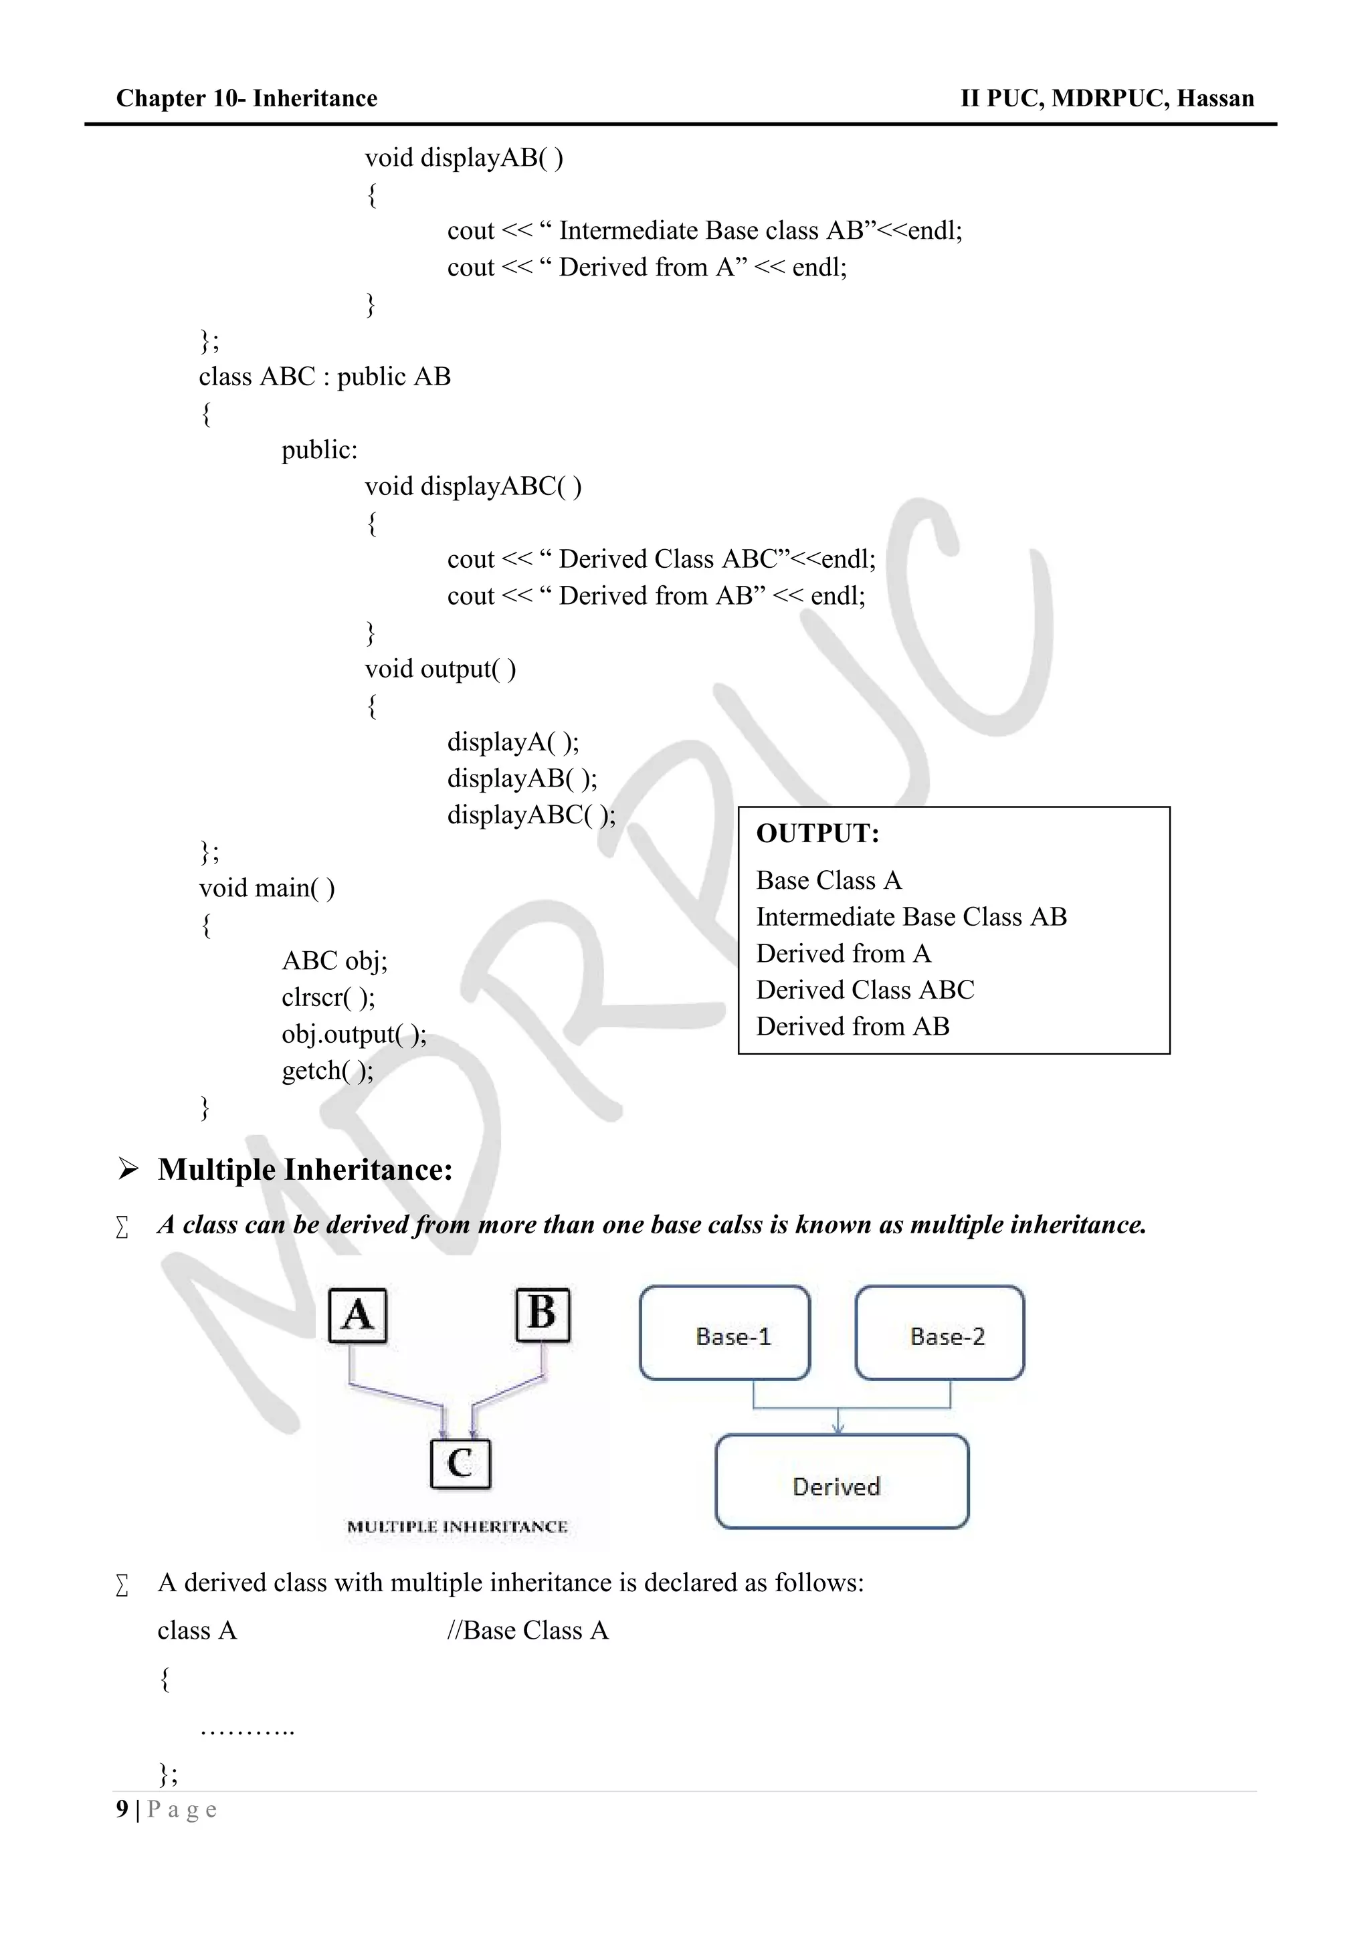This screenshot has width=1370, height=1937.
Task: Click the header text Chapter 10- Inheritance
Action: (x=246, y=99)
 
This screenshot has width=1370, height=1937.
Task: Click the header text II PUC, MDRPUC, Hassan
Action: (x=1107, y=99)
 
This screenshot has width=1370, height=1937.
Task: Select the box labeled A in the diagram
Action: (x=358, y=1314)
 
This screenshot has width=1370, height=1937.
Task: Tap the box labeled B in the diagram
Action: (x=543, y=1314)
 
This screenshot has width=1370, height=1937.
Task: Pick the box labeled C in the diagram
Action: (x=460, y=1463)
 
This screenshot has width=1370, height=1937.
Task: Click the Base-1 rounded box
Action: (x=724, y=1336)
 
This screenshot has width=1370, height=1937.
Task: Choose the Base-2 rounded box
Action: (x=940, y=1336)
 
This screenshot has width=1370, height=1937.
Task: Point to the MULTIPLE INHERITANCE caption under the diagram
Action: (x=458, y=1527)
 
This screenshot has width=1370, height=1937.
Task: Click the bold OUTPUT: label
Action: (x=817, y=833)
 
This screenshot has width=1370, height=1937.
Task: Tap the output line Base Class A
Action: (x=828, y=881)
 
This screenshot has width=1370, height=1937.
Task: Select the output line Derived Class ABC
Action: (x=865, y=990)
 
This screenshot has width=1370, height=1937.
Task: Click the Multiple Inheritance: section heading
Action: (x=304, y=1170)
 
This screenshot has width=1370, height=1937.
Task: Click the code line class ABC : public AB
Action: (x=325, y=377)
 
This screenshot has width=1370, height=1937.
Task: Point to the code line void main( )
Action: (x=267, y=888)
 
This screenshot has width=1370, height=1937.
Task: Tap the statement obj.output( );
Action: (x=353, y=1034)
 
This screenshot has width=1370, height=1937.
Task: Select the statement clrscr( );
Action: (x=328, y=997)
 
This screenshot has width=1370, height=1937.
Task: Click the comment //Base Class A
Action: (x=527, y=1631)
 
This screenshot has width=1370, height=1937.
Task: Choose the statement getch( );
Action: (x=327, y=1071)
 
